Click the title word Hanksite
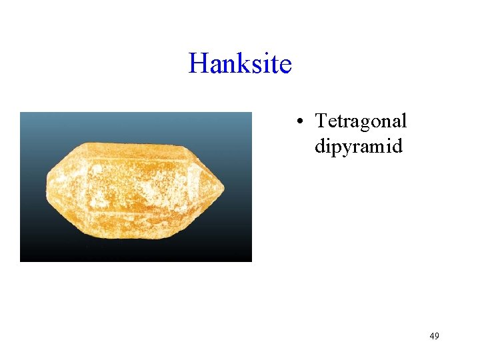pyautogui.click(x=240, y=64)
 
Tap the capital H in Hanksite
pyautogui.click(x=198, y=64)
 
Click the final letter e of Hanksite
pyautogui.click(x=285, y=66)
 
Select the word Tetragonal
pyautogui.click(x=361, y=122)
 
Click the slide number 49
pyautogui.click(x=434, y=336)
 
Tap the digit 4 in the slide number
pyautogui.click(x=431, y=336)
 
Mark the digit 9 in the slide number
pyautogui.click(x=437, y=336)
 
